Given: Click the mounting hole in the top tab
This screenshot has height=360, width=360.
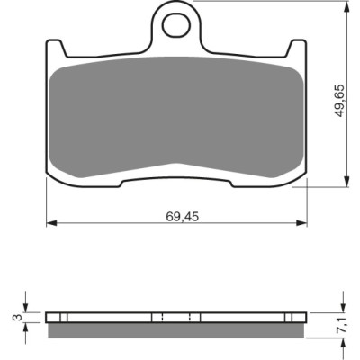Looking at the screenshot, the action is click(x=176, y=24).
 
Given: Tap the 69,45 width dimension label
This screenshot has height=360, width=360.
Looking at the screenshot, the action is click(x=183, y=217).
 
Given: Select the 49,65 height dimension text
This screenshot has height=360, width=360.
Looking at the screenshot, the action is click(x=340, y=101).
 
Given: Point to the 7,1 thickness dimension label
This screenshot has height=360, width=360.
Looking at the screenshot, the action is click(x=343, y=325).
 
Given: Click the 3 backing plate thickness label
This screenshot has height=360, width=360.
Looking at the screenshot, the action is click(x=19, y=317).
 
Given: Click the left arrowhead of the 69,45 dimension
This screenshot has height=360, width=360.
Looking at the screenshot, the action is click(x=51, y=223).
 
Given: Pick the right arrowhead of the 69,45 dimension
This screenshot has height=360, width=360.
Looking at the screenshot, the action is click(x=301, y=223).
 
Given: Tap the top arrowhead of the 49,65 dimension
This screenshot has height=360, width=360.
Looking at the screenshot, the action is click(x=346, y=6).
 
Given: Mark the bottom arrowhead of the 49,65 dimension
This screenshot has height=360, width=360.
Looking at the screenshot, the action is click(x=346, y=182).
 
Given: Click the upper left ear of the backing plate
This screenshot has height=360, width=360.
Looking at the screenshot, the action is click(x=55, y=47).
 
